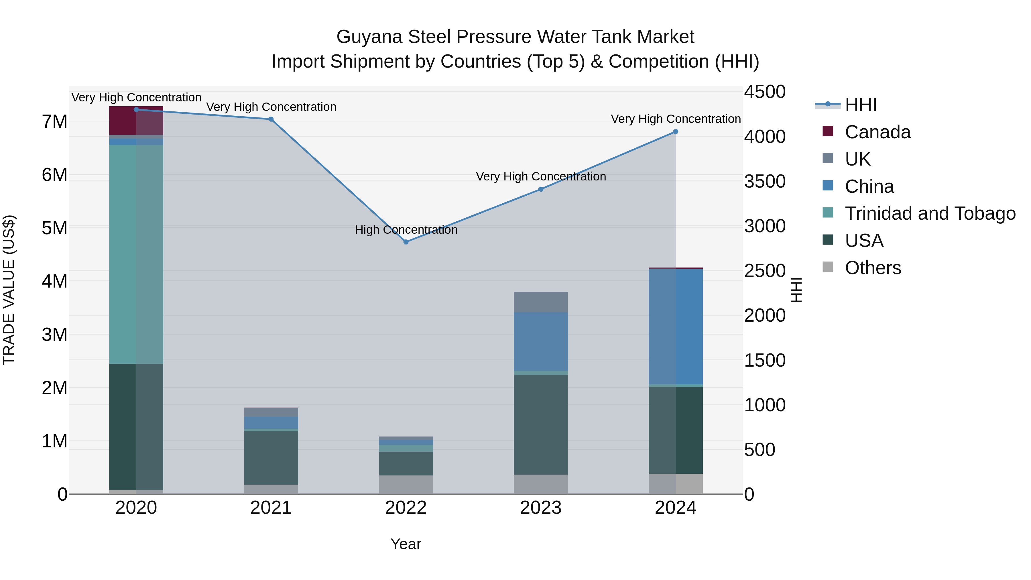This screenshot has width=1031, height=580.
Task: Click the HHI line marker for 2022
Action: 406,242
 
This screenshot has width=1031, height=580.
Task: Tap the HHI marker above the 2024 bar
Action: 676,132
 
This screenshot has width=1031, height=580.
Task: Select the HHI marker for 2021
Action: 271,119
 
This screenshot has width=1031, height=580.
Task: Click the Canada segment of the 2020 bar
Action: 136,121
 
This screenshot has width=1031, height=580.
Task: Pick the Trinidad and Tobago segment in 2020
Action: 136,254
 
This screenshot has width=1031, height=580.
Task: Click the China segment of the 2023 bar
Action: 541,341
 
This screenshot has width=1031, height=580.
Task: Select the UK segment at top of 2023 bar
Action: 541,302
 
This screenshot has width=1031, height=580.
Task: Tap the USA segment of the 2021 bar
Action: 271,457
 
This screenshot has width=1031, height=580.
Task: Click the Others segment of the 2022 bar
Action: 406,484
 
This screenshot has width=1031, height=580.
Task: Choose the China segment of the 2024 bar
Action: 676,326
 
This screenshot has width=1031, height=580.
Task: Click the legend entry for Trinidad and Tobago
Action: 930,213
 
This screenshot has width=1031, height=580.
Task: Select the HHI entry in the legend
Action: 861,105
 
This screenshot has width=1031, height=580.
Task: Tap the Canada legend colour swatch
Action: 828,131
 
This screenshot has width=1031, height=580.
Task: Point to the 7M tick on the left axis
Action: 55,121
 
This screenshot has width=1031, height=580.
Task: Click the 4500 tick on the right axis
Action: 764,92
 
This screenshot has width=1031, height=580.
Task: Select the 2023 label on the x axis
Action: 541,508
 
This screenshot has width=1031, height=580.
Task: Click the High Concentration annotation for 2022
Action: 406,230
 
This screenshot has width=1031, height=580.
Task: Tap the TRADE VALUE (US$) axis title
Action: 9,290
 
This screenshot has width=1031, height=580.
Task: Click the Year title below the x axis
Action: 406,544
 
